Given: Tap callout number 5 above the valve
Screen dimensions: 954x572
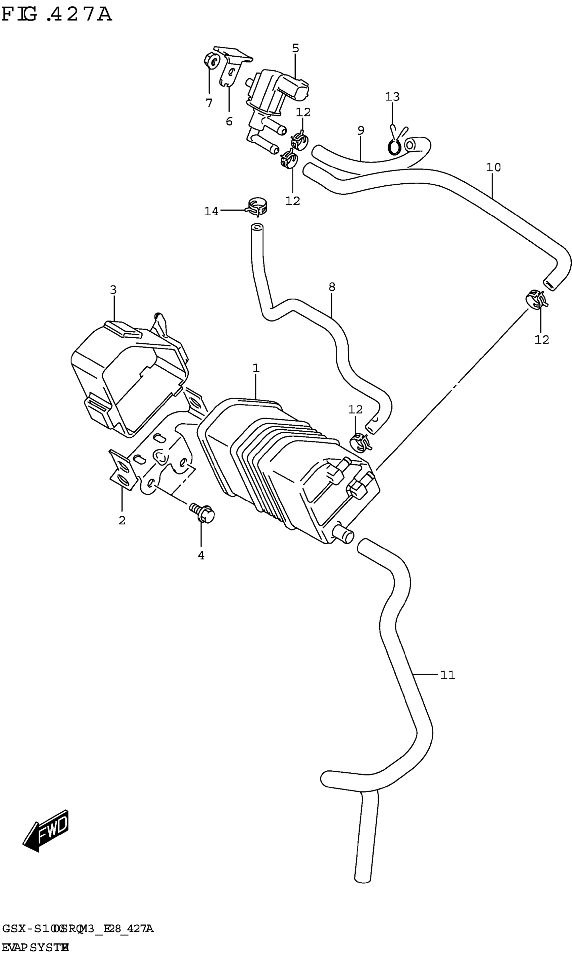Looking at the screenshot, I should click(296, 48).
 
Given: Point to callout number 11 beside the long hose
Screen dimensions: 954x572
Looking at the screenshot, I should click(448, 675).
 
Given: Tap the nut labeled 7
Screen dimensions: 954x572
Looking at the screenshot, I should click(211, 61).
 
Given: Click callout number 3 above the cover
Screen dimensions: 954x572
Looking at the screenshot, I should click(113, 289).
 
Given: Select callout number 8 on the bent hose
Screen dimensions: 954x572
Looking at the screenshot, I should click(332, 287).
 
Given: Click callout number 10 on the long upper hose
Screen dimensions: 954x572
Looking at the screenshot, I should click(493, 167).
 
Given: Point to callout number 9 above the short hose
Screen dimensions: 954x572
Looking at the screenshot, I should click(361, 130).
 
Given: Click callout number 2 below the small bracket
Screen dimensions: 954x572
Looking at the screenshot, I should click(122, 520).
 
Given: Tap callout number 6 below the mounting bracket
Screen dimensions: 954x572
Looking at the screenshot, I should click(229, 122).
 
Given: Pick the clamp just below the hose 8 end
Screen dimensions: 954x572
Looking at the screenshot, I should click(360, 442).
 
